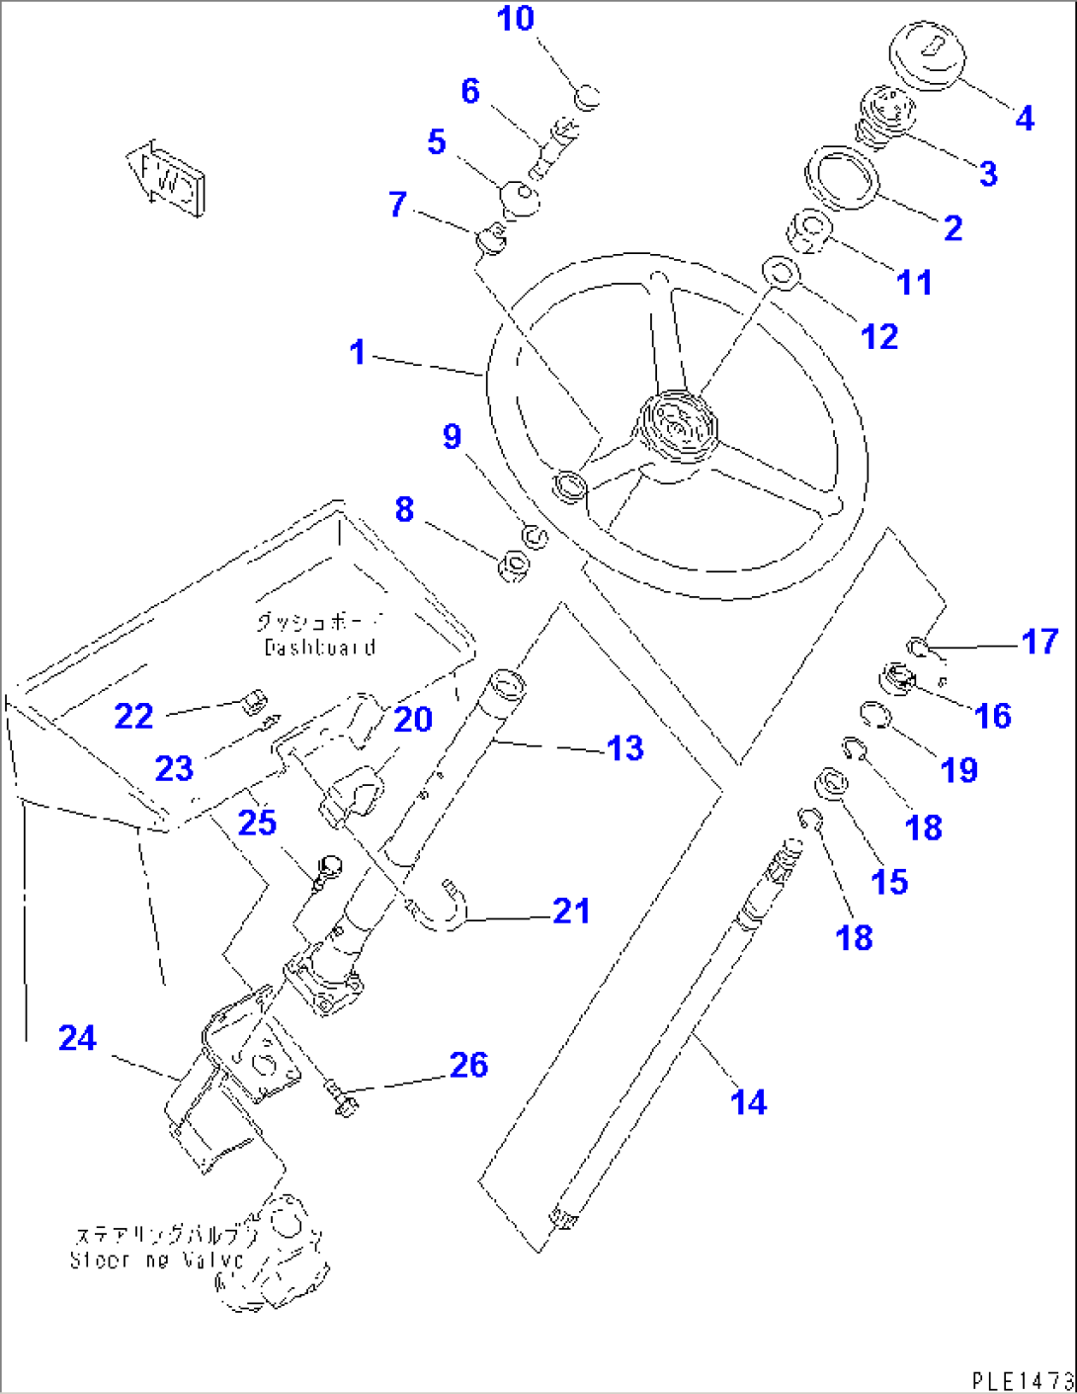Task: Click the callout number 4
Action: (1025, 119)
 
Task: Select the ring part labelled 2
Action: (843, 178)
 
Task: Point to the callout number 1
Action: (358, 352)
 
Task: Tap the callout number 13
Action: (625, 748)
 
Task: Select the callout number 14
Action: (749, 1101)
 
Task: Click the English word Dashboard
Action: (320, 648)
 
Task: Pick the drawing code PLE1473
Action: (1022, 1380)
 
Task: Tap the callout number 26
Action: (468, 1065)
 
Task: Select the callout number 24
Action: (77, 1038)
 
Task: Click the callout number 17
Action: (1039, 642)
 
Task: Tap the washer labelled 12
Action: (782, 272)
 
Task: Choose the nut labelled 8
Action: (514, 566)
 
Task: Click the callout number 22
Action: (133, 716)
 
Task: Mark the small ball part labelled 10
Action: (586, 97)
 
